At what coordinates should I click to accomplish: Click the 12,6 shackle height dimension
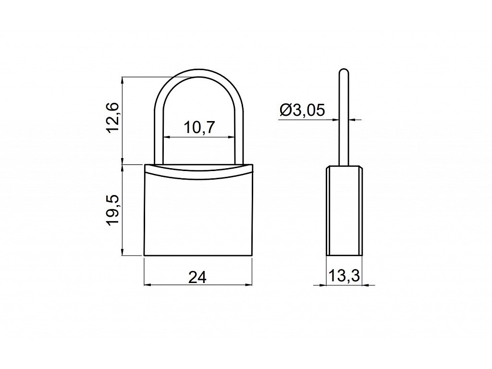112,117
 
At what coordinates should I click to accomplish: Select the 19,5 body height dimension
112,209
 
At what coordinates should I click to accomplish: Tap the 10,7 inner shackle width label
199,127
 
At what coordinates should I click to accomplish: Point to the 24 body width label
197,277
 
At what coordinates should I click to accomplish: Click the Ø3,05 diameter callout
302,110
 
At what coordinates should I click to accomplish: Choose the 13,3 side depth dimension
344,276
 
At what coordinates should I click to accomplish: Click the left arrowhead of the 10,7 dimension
166,137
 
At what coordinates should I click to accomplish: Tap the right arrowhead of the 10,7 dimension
231,137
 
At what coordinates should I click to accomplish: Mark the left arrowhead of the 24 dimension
148,285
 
